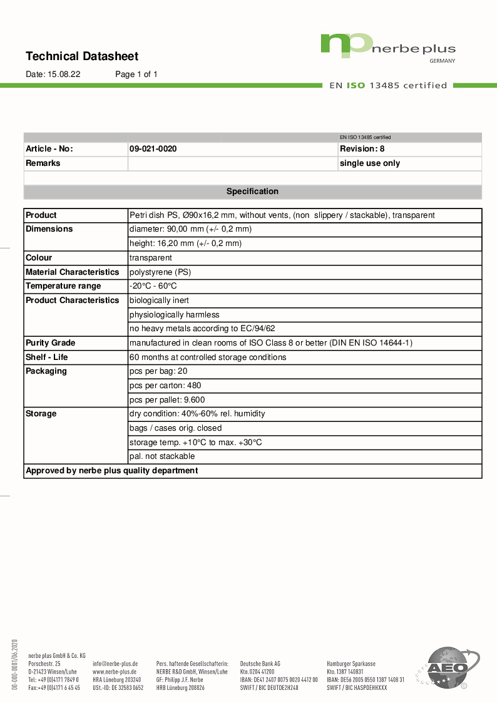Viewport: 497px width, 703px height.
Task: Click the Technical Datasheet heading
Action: [x=82, y=56]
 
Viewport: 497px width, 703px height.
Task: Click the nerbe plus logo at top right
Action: [x=387, y=46]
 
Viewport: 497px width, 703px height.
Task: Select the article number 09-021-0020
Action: [x=153, y=149]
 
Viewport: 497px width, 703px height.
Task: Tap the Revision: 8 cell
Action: [x=362, y=149]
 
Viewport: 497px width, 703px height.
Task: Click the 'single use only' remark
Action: [x=369, y=163]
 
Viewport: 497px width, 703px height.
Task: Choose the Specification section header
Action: [x=252, y=192]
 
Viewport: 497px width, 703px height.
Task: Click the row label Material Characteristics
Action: [x=72, y=272]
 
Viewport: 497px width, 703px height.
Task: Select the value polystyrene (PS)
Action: [x=160, y=272]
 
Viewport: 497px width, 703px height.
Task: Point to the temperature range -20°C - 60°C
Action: [x=153, y=286]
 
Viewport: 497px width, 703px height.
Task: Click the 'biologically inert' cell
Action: [x=159, y=300]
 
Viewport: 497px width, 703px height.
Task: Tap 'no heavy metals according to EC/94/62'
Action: [x=202, y=329]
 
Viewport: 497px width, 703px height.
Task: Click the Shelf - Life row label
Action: [x=47, y=357]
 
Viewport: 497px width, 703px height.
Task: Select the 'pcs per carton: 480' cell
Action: [x=165, y=386]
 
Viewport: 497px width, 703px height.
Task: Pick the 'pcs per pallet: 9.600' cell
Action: [x=167, y=400]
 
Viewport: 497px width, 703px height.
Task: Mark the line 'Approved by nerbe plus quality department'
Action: [x=111, y=471]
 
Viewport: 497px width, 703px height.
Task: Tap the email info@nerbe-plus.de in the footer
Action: [x=115, y=663]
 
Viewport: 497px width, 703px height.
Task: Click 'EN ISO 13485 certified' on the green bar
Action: [x=388, y=86]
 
